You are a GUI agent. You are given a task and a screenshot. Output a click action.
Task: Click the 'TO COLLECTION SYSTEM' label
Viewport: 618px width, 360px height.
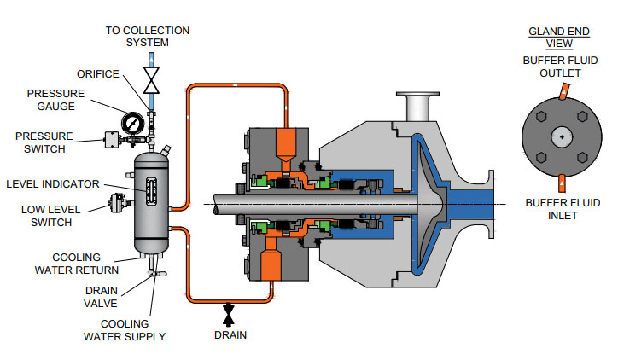coord(148,36)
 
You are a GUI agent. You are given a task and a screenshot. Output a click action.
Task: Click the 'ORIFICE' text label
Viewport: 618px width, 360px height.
coord(97,73)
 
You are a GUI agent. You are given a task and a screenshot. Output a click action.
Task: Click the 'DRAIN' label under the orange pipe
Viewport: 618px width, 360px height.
coord(229,335)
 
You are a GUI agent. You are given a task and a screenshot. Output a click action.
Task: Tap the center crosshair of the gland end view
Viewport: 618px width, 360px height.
coord(561,136)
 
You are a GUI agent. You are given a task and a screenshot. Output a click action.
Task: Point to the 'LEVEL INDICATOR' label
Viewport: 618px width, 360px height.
coord(53,183)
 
